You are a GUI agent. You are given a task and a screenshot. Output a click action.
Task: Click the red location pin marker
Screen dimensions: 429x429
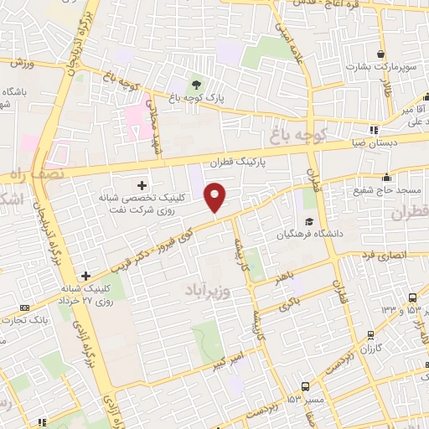click(x=216, y=198)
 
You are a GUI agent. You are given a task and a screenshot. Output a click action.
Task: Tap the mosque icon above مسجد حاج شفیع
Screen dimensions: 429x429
click(x=386, y=178)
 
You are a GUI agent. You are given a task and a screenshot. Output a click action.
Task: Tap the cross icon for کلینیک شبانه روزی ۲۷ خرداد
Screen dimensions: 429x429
click(x=85, y=275)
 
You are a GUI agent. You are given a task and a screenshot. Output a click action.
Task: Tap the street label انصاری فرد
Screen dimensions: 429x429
click(x=381, y=252)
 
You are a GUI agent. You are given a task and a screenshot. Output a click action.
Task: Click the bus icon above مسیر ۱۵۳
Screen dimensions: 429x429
click(x=304, y=387)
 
